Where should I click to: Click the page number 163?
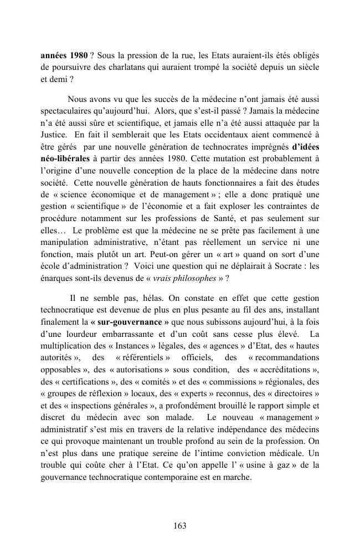(x=180, y=526)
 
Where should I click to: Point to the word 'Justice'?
(x=54, y=134)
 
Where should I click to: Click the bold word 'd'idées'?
(x=301, y=147)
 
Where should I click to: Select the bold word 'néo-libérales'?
(x=65, y=158)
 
